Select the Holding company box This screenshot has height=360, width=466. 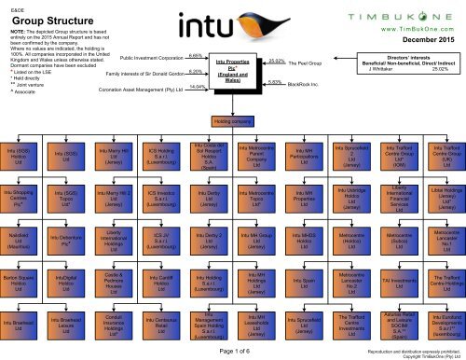click(232, 122)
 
